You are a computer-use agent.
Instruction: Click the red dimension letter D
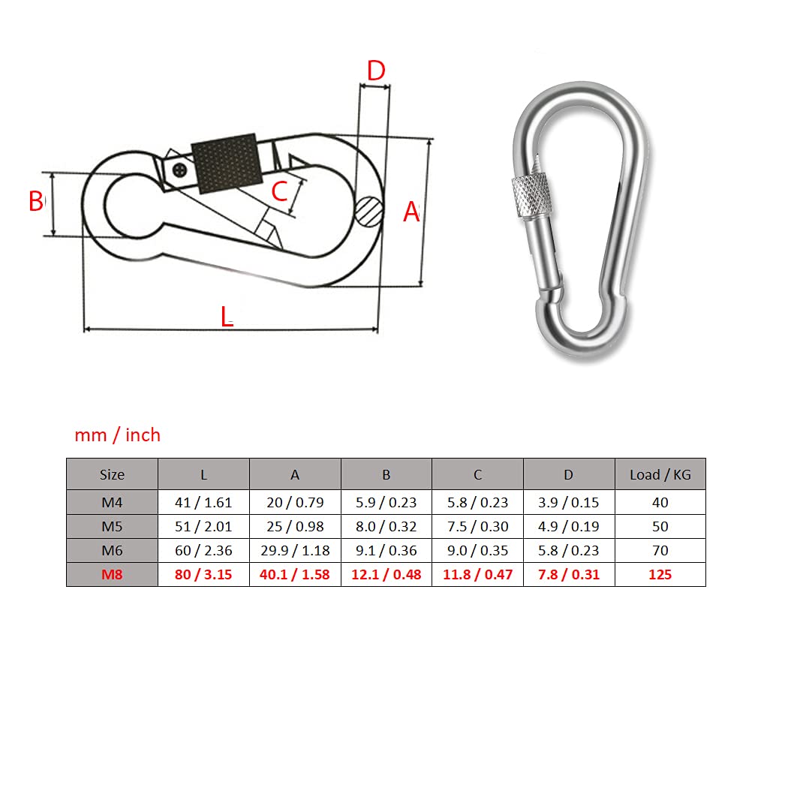(376, 71)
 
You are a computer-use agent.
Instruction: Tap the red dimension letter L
(227, 317)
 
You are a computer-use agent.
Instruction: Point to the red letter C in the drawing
(279, 191)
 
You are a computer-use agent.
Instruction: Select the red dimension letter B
(36, 201)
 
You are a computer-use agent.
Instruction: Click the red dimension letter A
(411, 212)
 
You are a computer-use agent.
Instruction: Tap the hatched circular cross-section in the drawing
(369, 211)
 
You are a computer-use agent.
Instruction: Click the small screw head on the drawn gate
(179, 170)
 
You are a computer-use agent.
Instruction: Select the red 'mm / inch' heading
(118, 435)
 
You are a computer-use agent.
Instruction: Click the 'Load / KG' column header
(660, 474)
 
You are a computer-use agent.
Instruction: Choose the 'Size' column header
(112, 474)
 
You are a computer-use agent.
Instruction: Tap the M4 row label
(112, 502)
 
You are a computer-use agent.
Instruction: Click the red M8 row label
(112, 574)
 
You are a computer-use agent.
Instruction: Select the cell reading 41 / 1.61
(203, 502)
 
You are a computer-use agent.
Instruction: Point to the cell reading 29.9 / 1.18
(295, 550)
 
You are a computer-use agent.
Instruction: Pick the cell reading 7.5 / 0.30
(478, 526)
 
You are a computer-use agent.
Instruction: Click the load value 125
(660, 574)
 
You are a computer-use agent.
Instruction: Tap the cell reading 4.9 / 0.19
(569, 526)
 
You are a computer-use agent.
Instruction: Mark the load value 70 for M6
(660, 550)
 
